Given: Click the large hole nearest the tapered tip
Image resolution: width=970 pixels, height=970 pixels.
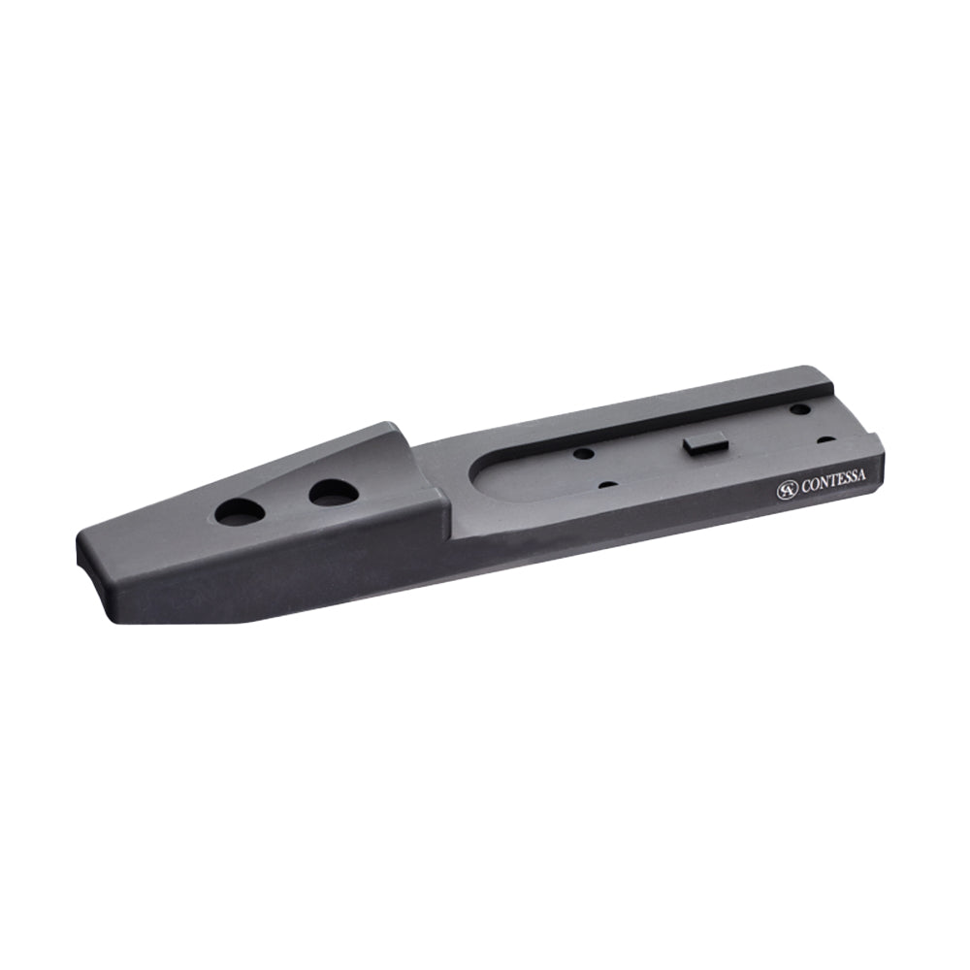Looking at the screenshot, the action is (x=240, y=513).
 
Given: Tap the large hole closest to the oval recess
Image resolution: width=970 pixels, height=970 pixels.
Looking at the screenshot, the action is (x=334, y=494).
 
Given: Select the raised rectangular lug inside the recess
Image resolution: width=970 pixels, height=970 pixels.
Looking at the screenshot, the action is (x=704, y=445).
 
